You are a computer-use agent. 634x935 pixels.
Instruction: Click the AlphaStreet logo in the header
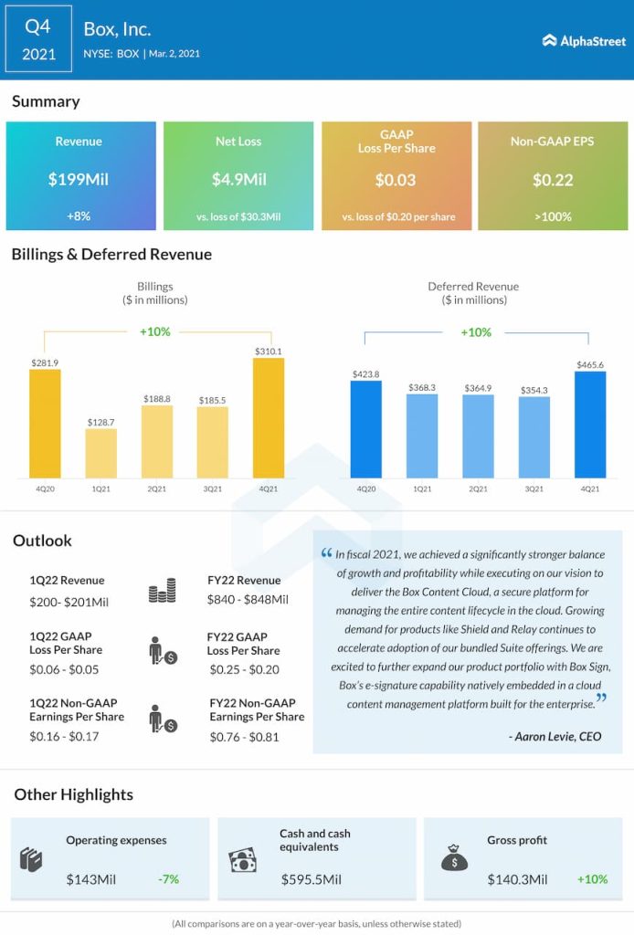583,40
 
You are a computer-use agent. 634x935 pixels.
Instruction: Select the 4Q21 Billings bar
269,418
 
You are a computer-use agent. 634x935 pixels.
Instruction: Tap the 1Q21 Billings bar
101,454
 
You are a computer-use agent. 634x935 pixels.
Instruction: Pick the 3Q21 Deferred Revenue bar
534,437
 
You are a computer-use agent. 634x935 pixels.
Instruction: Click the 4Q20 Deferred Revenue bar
366,429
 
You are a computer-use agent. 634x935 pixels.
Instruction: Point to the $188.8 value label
157,399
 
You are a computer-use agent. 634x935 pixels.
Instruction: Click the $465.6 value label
590,364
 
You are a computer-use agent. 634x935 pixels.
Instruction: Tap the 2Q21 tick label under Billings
157,489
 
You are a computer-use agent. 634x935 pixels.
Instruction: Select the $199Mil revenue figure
79,180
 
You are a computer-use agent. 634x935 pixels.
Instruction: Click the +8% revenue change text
79,217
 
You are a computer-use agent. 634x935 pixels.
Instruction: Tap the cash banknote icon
242,859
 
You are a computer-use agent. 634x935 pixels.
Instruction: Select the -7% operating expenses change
168,879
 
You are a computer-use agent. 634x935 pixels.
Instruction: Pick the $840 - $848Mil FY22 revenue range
248,600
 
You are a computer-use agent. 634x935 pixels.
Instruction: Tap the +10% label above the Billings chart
155,331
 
